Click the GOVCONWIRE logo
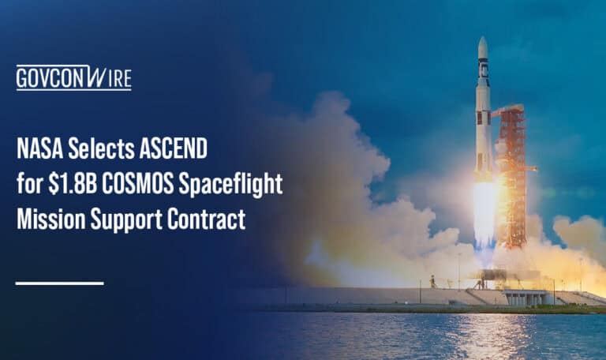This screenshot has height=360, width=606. pos(73,77)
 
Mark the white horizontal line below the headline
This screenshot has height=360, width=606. pos(59,283)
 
